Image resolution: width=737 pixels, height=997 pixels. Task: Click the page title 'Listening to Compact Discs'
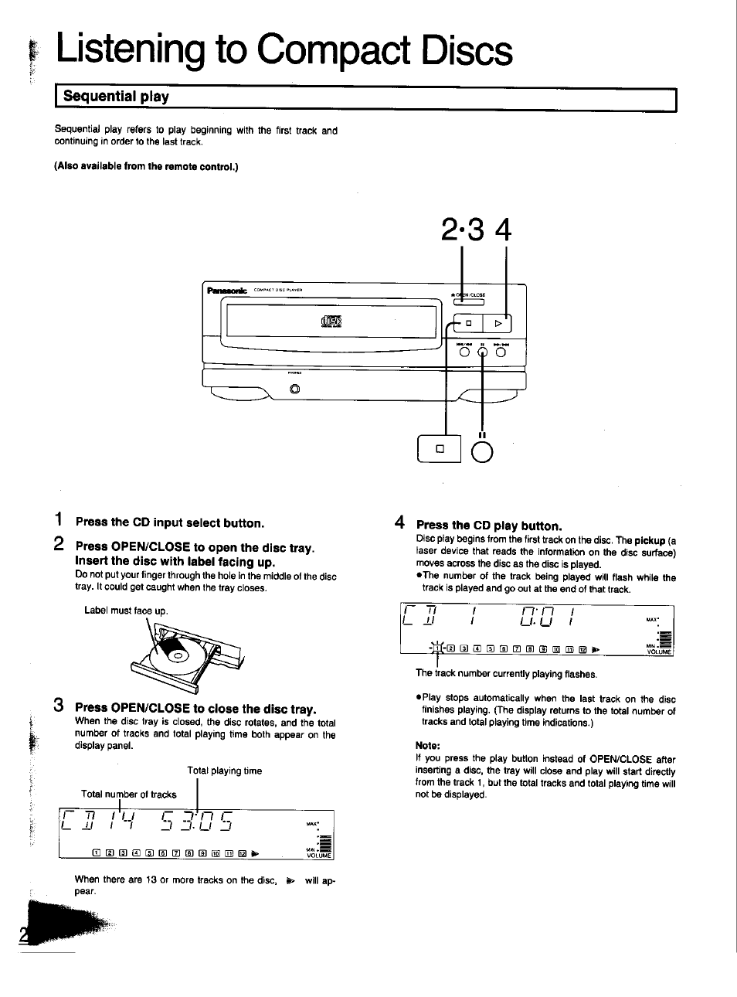click(284, 52)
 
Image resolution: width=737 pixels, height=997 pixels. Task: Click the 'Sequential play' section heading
click(116, 97)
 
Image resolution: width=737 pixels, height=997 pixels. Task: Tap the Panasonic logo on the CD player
click(226, 291)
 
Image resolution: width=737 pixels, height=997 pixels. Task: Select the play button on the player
click(498, 324)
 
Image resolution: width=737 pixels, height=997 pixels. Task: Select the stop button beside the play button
click(468, 324)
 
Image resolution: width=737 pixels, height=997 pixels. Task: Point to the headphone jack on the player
click(294, 389)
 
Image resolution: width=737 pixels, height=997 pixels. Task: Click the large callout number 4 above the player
click(504, 230)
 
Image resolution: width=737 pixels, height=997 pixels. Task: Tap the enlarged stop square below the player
click(440, 449)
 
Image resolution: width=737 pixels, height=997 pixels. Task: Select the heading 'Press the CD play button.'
click(488, 526)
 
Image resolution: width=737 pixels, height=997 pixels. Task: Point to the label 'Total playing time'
click(224, 771)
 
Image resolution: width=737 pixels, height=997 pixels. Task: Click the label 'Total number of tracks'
click(129, 794)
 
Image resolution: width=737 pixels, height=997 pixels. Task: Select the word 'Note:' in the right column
click(427, 746)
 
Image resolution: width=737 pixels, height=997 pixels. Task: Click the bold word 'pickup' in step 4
click(650, 540)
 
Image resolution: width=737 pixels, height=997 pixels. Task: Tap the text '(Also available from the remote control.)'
click(146, 166)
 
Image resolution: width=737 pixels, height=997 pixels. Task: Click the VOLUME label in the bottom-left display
click(318, 856)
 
